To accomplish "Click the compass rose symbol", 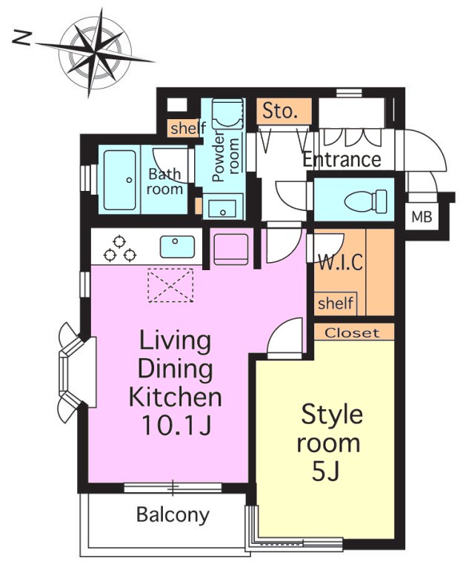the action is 96,53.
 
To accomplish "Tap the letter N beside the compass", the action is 22,38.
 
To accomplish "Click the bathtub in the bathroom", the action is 120,180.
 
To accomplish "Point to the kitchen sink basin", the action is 177,246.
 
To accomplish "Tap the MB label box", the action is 422,217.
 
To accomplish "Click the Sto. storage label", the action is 280,111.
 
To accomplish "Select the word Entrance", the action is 342,159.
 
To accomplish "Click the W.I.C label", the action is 341,262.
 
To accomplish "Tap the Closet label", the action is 352,333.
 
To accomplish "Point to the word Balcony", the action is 173,515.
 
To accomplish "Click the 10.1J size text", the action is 176,425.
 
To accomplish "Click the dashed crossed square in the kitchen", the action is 170,285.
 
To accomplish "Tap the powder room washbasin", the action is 223,206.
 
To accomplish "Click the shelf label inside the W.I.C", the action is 336,303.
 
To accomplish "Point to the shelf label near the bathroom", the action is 188,128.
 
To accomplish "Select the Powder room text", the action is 225,156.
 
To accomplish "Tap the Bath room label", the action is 165,181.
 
